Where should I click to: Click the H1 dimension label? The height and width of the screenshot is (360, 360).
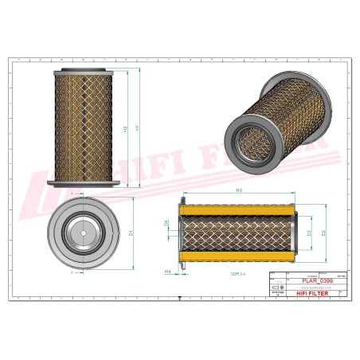pyautogui.click(x=138, y=127)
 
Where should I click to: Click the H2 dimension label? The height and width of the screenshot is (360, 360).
pyautogui.click(x=125, y=128)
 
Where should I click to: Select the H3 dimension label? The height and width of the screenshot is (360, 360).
pyautogui.click(x=240, y=191)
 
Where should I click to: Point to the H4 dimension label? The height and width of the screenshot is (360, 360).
pyautogui.click(x=168, y=272)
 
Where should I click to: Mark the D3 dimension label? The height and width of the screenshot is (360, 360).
pyautogui.click(x=308, y=233)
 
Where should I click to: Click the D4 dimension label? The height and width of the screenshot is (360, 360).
pyautogui.click(x=166, y=225)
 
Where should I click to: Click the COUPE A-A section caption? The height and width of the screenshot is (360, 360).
pyautogui.click(x=237, y=273)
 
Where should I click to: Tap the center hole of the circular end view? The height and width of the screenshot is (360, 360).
pyautogui.click(x=82, y=232)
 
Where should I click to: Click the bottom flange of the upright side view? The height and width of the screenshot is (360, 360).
pyautogui.click(x=83, y=185)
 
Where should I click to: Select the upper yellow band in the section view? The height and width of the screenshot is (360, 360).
pyautogui.click(x=239, y=210)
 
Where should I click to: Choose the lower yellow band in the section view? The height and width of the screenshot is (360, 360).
pyautogui.click(x=239, y=256)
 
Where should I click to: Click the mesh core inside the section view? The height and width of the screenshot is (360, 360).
pyautogui.click(x=239, y=233)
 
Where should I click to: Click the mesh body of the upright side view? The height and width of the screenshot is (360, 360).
pyautogui.click(x=83, y=127)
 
